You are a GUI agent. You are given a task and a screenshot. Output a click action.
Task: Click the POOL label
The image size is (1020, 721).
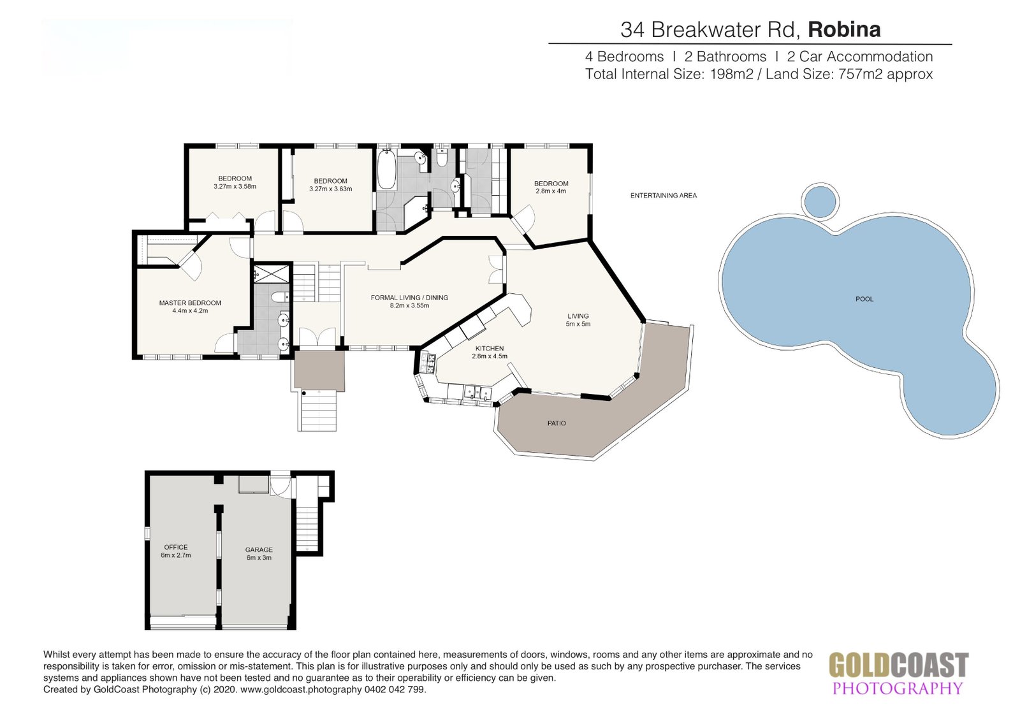[864, 299]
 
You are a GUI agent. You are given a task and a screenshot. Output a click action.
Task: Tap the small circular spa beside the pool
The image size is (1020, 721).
[820, 201]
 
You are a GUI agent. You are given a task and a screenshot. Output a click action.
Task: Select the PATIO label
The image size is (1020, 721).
[557, 423]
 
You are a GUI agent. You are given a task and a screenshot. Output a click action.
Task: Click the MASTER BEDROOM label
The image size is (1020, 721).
[190, 303]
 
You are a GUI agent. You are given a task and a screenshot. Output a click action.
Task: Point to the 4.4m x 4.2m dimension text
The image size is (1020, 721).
[190, 311]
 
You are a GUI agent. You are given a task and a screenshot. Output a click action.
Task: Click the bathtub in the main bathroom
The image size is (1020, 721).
[386, 169]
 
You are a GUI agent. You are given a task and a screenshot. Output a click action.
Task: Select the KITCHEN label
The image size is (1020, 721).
[490, 349]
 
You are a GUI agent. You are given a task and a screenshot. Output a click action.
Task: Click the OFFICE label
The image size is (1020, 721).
[176, 547]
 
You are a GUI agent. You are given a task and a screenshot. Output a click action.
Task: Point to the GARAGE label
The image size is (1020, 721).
[259, 550]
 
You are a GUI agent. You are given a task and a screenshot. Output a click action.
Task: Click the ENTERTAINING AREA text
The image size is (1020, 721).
[664, 196]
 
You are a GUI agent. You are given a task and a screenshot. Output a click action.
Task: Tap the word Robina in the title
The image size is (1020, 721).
[844, 29]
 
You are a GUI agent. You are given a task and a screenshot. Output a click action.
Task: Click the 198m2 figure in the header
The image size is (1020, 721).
[731, 74]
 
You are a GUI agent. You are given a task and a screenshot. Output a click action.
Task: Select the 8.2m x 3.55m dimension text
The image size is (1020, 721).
[409, 305]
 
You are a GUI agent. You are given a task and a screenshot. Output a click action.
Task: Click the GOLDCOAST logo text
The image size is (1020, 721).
[898, 665]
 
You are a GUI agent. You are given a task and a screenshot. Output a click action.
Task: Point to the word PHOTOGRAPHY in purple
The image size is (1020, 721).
[898, 688]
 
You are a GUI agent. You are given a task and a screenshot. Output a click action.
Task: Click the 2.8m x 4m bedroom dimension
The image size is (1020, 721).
[551, 191]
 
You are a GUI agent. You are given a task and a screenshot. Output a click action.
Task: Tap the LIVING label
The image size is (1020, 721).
[578, 316]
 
